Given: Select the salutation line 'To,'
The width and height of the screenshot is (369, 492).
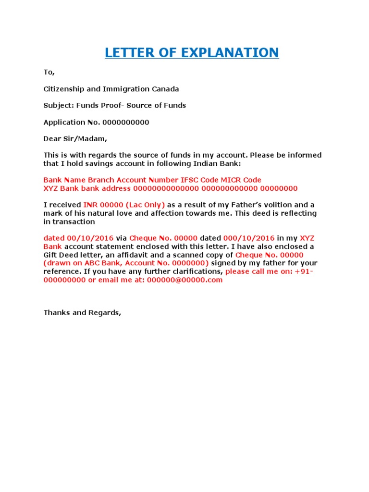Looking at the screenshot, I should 49,73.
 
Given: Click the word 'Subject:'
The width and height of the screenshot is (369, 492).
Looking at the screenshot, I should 58,105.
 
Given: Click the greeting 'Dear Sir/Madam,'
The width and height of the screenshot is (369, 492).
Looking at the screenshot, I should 76,139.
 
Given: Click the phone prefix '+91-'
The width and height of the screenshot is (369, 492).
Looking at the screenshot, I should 306,271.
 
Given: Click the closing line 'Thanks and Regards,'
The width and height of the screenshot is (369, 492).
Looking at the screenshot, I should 83,313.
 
